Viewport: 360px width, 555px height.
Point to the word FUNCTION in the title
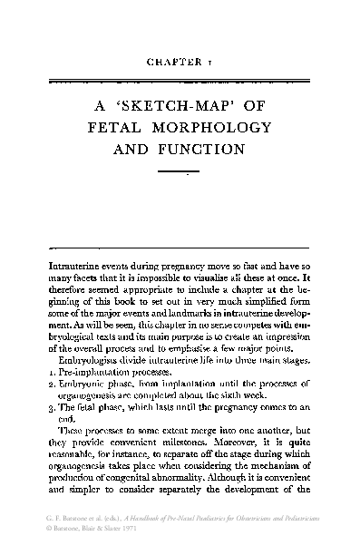pyautogui.click(x=216, y=146)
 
